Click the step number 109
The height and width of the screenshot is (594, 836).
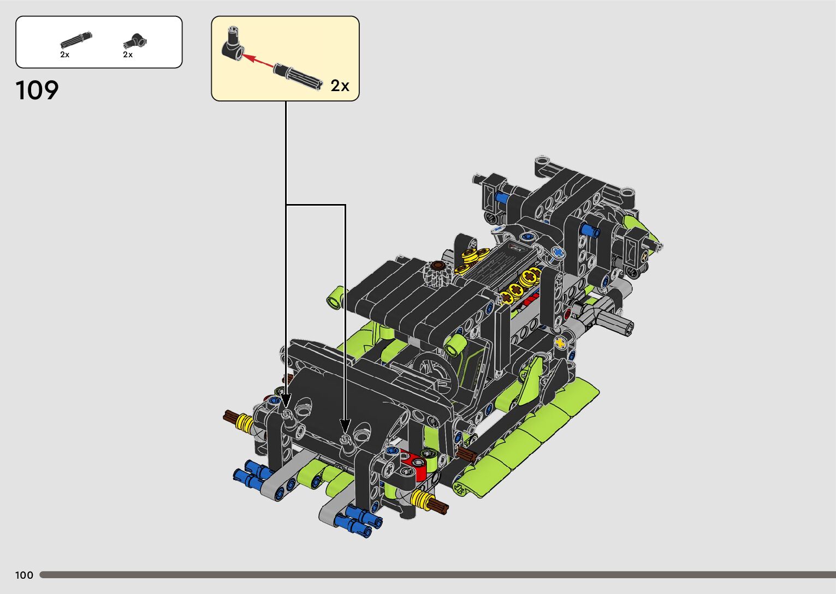point(37,90)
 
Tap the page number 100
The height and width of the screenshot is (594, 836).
point(24,575)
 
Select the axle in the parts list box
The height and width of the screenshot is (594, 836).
point(76,40)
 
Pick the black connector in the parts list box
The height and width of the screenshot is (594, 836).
point(135,41)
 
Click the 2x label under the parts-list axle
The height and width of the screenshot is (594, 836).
point(64,55)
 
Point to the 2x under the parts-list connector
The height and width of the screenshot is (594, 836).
point(128,55)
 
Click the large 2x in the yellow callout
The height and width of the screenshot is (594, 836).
point(340,86)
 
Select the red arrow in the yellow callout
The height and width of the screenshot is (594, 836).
point(258,61)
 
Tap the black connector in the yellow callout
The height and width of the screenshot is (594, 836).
point(233,44)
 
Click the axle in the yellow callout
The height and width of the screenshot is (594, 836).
point(298,76)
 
